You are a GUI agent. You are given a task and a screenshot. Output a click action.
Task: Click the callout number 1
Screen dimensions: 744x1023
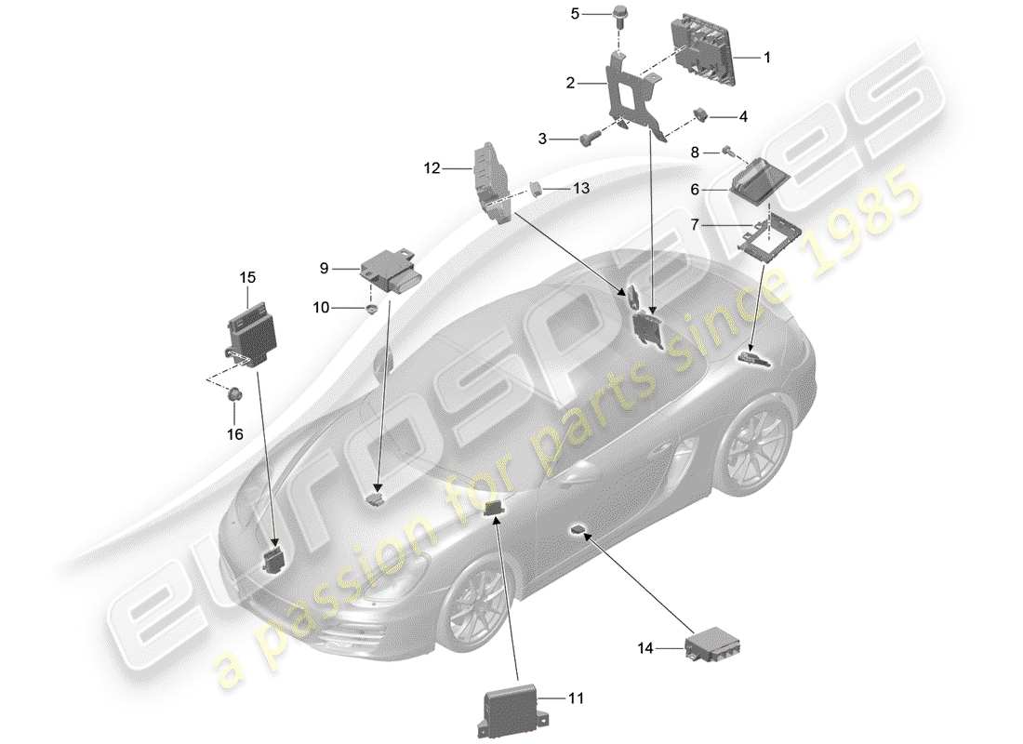tap(767, 57)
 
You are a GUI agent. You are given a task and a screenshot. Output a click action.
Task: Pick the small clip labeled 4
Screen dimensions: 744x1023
tap(702, 115)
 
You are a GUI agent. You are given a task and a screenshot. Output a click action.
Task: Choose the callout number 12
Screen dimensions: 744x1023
tap(431, 169)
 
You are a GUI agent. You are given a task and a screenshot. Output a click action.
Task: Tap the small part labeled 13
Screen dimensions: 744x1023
tap(539, 189)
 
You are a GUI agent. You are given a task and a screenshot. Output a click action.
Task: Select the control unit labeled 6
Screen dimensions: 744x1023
tap(757, 185)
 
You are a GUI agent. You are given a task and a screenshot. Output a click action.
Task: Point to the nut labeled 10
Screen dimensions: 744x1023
tap(371, 308)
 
